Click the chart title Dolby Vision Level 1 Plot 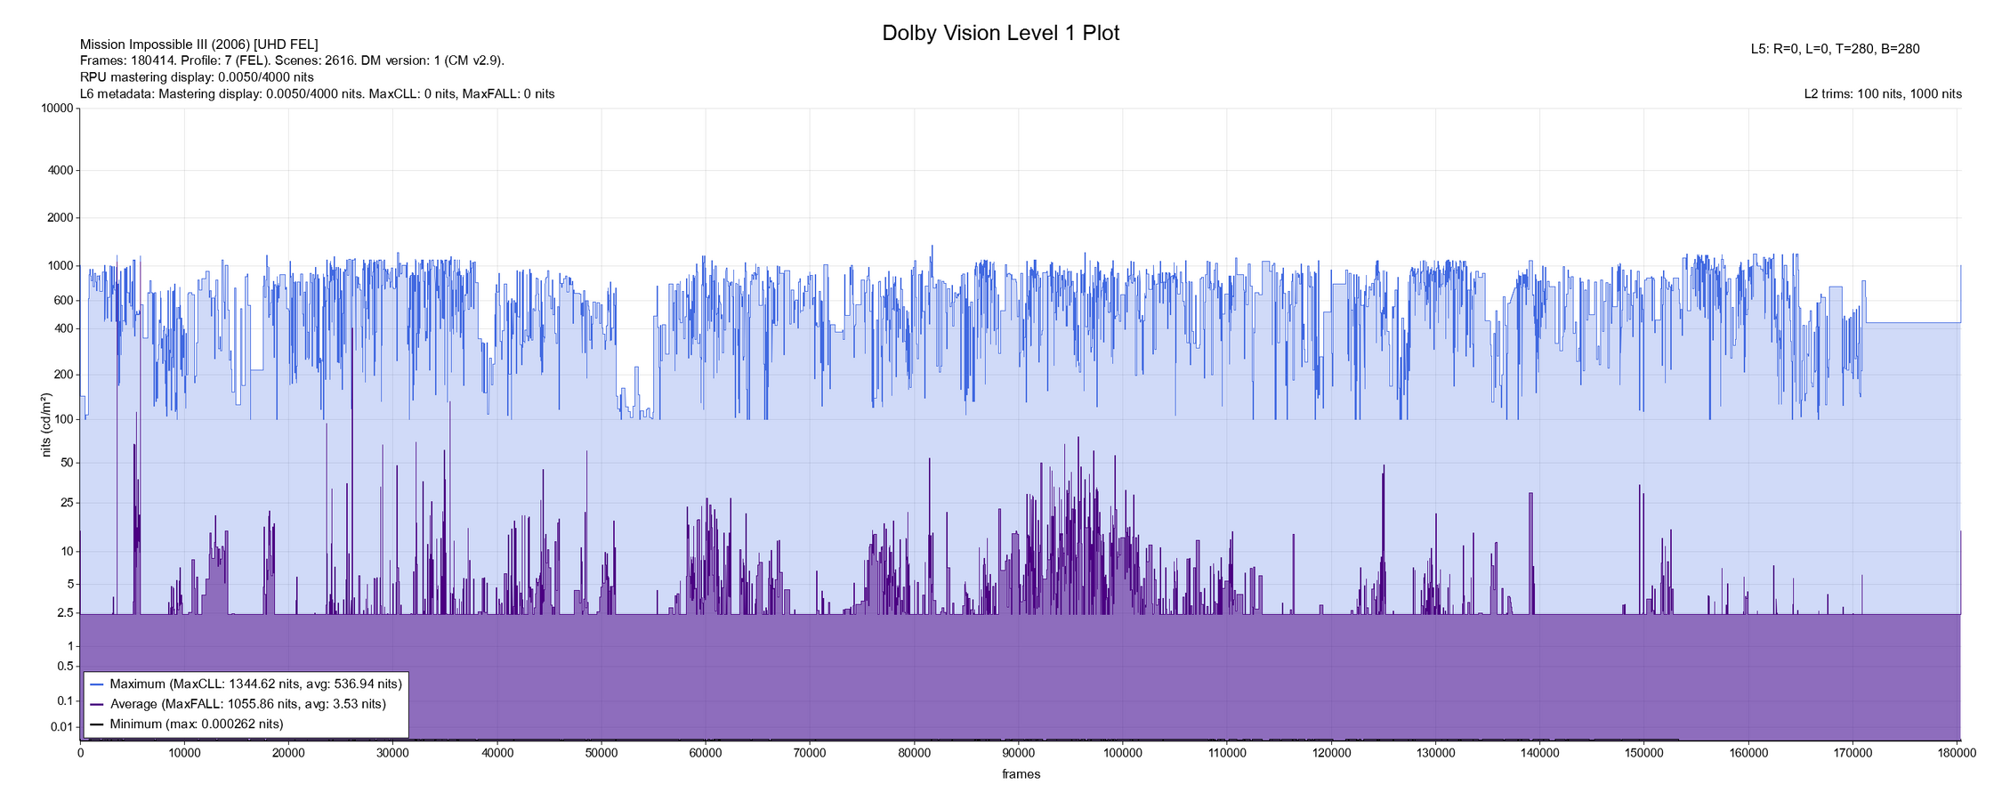point(1000,33)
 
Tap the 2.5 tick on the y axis point(65,613)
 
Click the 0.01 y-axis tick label point(62,727)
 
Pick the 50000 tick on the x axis point(601,753)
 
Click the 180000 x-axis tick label point(1958,753)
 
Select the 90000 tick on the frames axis point(1018,753)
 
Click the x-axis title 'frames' point(1021,774)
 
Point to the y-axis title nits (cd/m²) point(46,425)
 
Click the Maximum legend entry point(255,684)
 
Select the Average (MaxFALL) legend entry point(247,704)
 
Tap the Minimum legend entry point(196,724)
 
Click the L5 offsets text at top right point(1835,49)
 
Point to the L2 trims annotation point(1883,94)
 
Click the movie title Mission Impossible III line point(198,44)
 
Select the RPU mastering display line point(197,77)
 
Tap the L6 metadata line point(317,94)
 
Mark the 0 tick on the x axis point(80,753)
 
